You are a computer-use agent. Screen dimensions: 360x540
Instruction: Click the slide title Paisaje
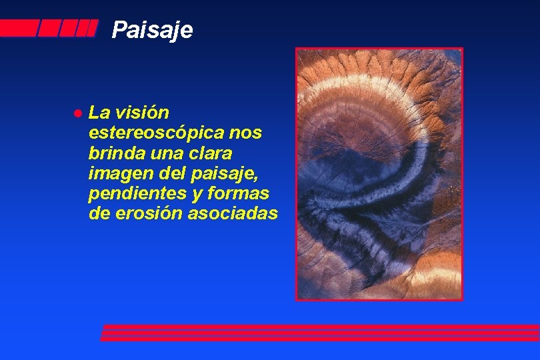[x=152, y=30]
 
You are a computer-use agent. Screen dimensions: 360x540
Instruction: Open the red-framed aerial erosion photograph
[x=379, y=173]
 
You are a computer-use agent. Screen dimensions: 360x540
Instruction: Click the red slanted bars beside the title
[x=50, y=28]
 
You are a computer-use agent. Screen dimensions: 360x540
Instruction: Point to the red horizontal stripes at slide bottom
[x=320, y=333]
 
